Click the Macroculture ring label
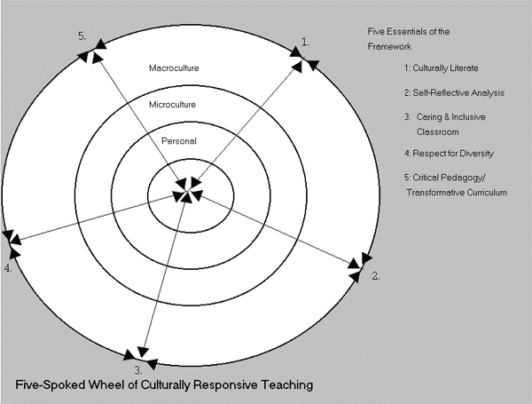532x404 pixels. coord(174,68)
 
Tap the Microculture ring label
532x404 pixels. coord(172,104)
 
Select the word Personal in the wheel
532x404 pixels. coord(179,140)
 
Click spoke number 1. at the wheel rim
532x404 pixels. coord(305,42)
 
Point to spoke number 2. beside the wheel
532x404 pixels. coord(376,276)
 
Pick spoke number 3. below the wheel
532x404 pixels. coord(137,369)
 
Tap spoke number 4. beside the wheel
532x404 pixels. coord(8,268)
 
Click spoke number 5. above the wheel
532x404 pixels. coord(82,36)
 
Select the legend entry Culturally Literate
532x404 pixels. coord(445,68)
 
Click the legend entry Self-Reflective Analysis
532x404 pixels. coord(458,92)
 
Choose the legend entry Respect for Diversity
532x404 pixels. coord(453,154)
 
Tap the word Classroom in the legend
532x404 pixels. coord(438,131)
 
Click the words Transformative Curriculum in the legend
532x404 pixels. coord(457,193)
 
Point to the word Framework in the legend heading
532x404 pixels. coord(389,46)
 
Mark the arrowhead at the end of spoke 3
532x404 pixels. coord(143,353)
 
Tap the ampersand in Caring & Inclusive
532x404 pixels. coord(445,117)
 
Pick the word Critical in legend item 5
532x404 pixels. coord(426,178)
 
